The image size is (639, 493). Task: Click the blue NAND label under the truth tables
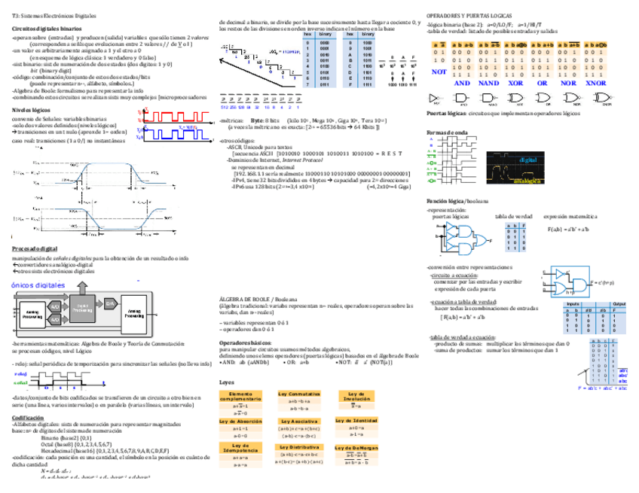coord(488,83)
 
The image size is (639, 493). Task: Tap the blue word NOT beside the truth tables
coord(439,72)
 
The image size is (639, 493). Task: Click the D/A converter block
coord(110,302)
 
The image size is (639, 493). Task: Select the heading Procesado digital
coord(35,248)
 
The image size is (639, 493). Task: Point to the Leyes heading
coord(226,382)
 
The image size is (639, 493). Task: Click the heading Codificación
coord(28,417)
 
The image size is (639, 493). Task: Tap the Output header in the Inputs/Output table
coord(619,303)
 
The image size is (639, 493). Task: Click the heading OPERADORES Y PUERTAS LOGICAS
coord(472,15)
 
